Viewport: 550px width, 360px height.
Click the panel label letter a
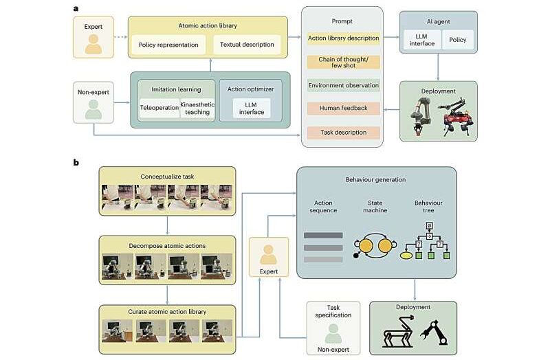[x=76, y=9]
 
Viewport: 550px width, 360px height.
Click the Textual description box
[x=246, y=45]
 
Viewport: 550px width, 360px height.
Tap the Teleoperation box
[x=159, y=108]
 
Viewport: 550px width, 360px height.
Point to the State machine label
[x=376, y=207]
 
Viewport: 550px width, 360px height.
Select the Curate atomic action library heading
[x=167, y=312]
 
